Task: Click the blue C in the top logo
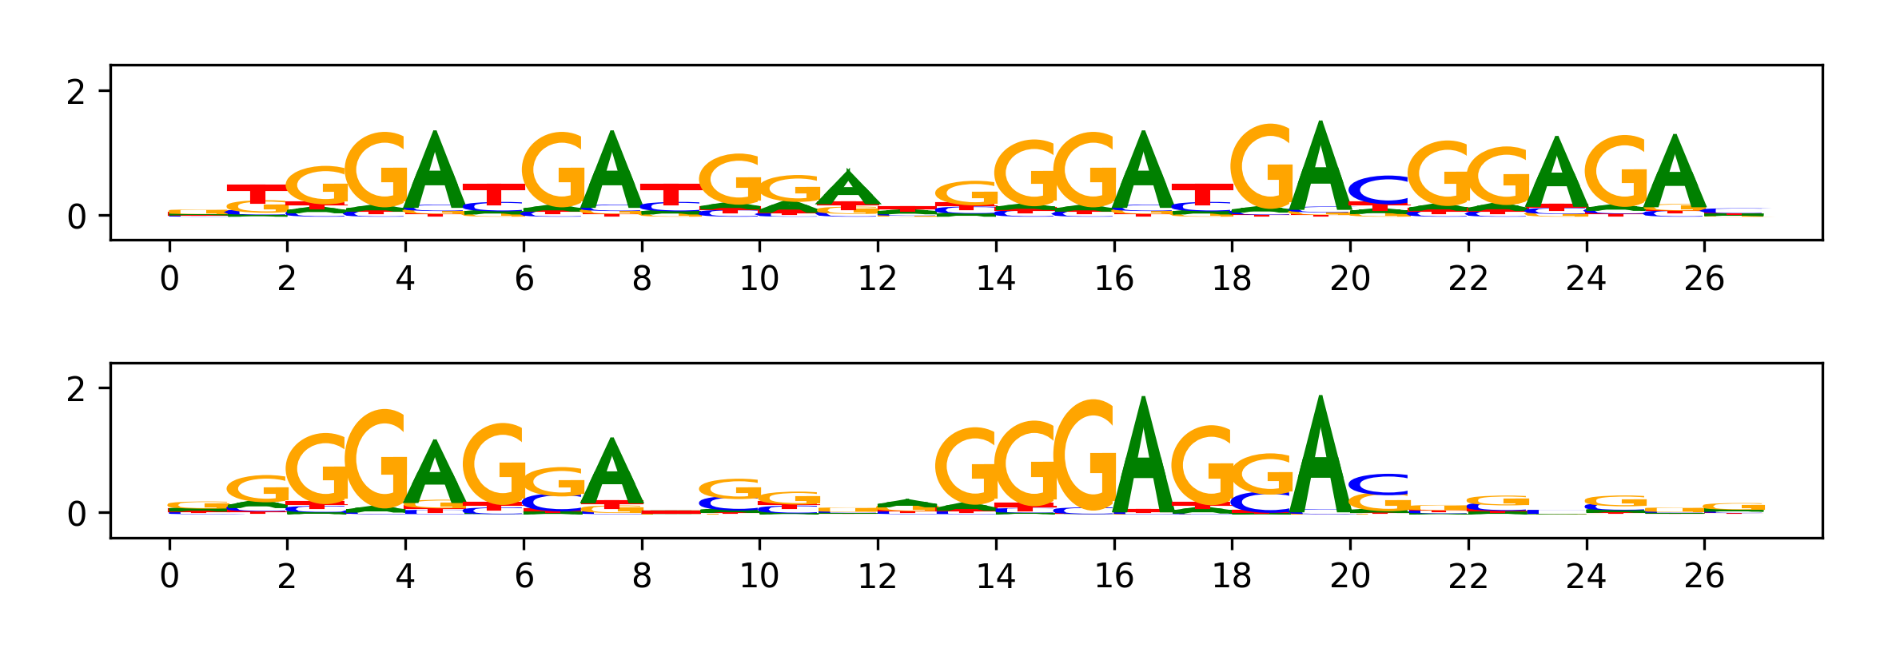[x=1380, y=189]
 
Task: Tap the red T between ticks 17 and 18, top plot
[x=1202, y=193]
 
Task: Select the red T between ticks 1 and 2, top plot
[x=257, y=193]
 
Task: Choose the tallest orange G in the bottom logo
[x=1085, y=455]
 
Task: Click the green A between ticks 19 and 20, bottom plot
[x=1320, y=455]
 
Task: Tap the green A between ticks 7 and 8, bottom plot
[x=612, y=473]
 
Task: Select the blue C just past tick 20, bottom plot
[x=1380, y=484]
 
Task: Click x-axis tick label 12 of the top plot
[x=878, y=279]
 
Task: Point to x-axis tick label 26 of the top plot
[x=1704, y=279]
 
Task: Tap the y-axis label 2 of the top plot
[x=76, y=93]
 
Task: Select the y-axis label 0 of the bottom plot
[x=76, y=514]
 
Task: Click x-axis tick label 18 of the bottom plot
[x=1232, y=576]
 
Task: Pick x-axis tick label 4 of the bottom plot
[x=405, y=576]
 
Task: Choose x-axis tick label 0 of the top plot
[x=169, y=279]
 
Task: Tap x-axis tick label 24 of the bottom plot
[x=1586, y=576]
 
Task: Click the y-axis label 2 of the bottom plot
[x=76, y=390]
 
